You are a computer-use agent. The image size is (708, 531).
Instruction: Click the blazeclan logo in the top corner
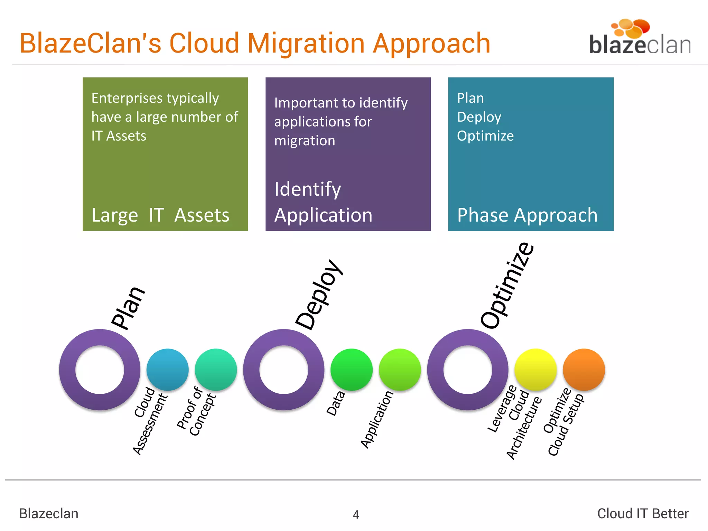(x=640, y=38)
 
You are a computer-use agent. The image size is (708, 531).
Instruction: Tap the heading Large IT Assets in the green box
(x=160, y=215)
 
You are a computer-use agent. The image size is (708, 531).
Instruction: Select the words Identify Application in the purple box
(x=323, y=202)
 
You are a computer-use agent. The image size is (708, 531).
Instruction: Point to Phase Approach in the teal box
(x=527, y=215)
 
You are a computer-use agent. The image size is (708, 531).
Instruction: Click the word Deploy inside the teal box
(x=479, y=117)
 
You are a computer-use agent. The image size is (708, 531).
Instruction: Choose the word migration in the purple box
(x=305, y=141)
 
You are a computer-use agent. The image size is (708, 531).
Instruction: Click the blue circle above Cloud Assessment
(x=167, y=369)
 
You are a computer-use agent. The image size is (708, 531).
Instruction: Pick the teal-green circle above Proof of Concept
(x=216, y=369)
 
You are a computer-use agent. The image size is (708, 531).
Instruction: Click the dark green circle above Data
(x=351, y=369)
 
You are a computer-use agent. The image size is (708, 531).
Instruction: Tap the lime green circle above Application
(x=400, y=369)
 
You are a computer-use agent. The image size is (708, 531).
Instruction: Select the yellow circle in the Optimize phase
(x=535, y=369)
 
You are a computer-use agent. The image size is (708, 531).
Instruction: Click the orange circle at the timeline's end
(x=584, y=369)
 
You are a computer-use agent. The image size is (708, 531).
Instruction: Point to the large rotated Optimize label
(x=507, y=285)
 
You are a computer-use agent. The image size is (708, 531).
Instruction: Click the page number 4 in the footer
(x=356, y=514)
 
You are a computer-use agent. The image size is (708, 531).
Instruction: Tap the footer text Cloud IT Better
(x=643, y=513)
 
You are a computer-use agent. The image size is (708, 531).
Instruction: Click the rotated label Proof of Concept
(x=196, y=411)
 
